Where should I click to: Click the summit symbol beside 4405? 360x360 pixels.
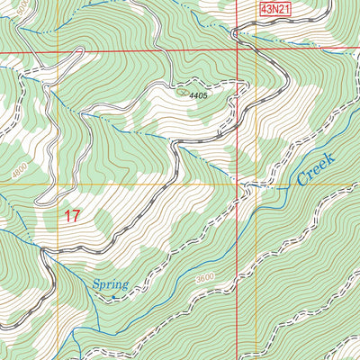(x=184, y=90)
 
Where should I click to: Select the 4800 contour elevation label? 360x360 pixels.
(x=20, y=167)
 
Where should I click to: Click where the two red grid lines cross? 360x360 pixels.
(x=238, y=51)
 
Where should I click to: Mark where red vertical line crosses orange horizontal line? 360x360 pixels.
(x=238, y=184)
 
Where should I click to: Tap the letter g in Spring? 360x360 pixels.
(x=124, y=286)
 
